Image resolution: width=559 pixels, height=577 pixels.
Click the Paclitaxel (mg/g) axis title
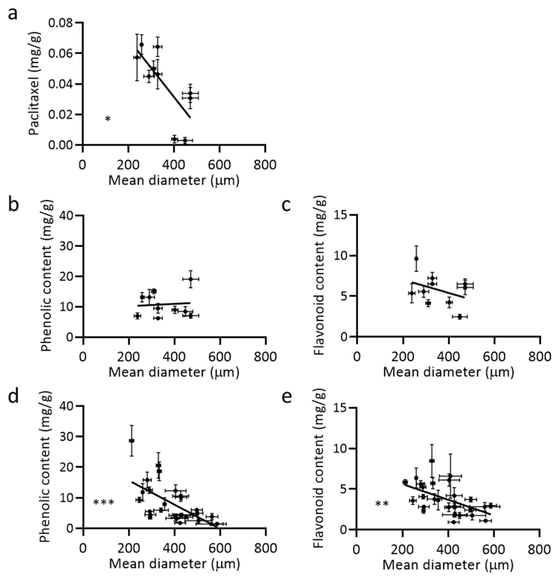35,84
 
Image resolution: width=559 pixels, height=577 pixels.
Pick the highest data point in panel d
132,441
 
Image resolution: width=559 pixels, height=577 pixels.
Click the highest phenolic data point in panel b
191,279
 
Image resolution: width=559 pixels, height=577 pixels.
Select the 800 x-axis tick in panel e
539,550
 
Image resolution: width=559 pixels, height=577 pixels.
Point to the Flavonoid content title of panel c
320,275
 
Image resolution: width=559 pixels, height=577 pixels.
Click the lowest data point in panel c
460,317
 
